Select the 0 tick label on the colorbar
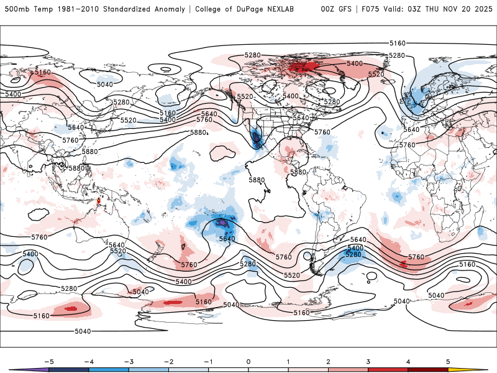click(248, 361)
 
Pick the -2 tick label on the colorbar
click(167, 361)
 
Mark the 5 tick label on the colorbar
click(447, 361)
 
